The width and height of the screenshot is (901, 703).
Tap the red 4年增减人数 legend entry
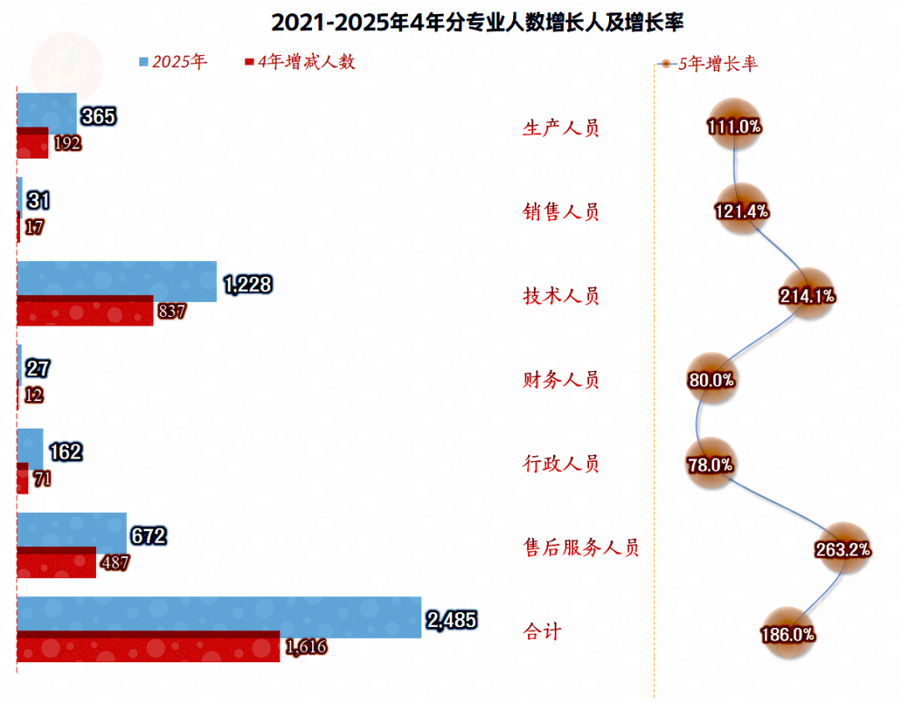tap(299, 62)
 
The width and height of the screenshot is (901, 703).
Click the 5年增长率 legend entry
tap(708, 63)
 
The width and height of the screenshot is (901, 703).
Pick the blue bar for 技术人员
tap(117, 279)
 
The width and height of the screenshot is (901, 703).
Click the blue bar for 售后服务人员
tap(72, 530)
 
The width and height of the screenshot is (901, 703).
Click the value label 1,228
tap(248, 285)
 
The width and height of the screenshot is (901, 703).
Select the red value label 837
tap(171, 311)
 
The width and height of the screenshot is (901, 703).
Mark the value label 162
tap(65, 453)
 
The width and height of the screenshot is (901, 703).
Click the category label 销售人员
tap(561, 212)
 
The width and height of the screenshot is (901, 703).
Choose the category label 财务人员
tap(561, 380)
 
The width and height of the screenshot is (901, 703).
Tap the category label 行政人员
tap(561, 464)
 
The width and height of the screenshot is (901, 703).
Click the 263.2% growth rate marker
tap(843, 549)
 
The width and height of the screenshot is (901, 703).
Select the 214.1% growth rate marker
tap(808, 295)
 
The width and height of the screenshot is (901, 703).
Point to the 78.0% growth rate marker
tap(710, 464)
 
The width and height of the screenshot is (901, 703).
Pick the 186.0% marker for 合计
tap(787, 634)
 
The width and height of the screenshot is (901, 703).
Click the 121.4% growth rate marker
tap(741, 211)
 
